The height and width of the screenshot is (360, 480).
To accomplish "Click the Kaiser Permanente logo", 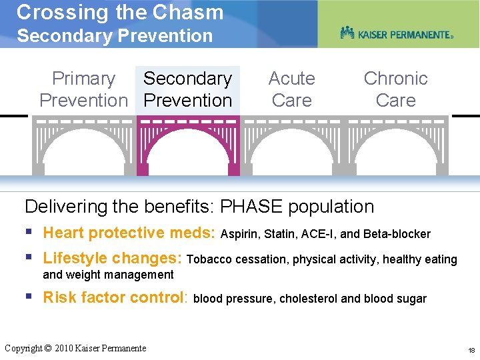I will (x=396, y=33).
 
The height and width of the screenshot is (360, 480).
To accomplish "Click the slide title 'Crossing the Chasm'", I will (x=120, y=12).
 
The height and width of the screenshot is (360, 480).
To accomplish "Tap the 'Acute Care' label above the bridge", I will (x=291, y=89).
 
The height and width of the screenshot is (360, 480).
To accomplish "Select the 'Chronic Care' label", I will (x=395, y=89).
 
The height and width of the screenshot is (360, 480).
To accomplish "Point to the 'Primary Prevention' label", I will (x=83, y=89).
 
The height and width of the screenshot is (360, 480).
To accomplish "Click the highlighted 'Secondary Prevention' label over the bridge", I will (x=187, y=89).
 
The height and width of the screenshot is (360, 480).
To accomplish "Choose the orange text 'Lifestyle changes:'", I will (x=113, y=259).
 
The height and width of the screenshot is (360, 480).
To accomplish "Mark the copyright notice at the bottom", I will (x=75, y=348).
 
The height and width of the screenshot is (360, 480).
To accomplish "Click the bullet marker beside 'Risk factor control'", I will (x=29, y=297).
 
